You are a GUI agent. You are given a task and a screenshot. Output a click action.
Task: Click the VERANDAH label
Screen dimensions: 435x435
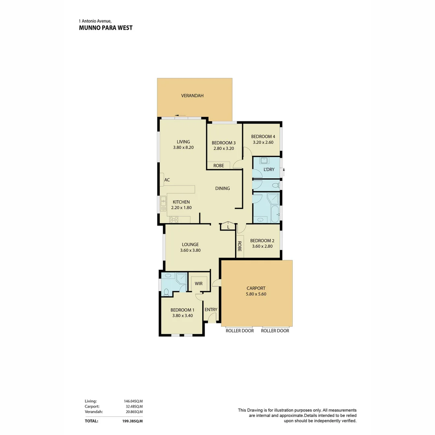tap(192, 96)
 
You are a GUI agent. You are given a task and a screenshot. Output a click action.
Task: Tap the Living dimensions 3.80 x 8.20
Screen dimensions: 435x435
tap(183, 148)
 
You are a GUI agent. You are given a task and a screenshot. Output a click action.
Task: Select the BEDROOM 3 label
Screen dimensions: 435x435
tap(224, 143)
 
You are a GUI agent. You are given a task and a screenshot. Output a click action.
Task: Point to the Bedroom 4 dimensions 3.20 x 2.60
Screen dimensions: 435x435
tap(263, 142)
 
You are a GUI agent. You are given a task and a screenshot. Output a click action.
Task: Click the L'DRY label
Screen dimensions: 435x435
tap(269, 170)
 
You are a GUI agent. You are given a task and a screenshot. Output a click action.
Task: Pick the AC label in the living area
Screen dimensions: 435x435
tap(167, 180)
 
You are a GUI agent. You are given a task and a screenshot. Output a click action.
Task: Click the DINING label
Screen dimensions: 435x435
tap(222, 188)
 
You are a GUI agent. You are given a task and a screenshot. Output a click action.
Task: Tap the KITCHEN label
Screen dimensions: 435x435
tap(181, 202)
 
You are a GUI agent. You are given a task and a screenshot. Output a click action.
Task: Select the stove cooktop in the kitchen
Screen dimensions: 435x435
tap(174, 220)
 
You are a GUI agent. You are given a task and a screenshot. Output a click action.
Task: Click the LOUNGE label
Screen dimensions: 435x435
tap(190, 244)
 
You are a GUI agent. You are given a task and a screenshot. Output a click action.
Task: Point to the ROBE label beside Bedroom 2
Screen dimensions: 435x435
tap(239, 246)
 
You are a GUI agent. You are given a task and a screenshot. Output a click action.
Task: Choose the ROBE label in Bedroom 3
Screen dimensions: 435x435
tap(219, 166)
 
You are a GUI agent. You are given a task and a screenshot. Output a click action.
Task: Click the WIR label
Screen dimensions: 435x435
tap(199, 284)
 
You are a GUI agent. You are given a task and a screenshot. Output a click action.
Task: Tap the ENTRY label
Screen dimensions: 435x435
tap(211, 310)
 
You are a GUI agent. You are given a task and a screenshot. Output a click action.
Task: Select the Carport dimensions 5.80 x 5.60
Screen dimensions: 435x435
tap(256, 294)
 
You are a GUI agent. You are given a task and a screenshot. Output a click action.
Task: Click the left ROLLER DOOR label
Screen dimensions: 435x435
tap(240, 331)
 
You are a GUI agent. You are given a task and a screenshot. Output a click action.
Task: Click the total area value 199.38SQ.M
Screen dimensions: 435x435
tap(133, 421)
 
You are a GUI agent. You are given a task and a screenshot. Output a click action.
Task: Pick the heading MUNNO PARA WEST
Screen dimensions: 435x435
tap(106, 28)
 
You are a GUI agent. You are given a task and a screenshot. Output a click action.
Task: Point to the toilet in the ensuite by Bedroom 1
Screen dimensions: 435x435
tap(166, 292)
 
